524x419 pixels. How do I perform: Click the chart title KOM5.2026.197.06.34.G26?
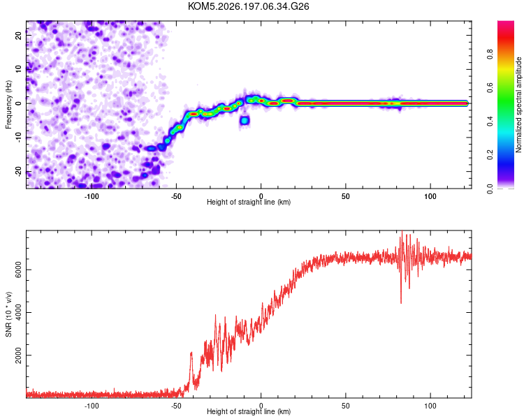(248, 6)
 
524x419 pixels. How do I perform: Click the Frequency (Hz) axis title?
(8, 105)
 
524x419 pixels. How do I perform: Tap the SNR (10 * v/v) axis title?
(8, 314)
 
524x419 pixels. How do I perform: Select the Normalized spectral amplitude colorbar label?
(518, 104)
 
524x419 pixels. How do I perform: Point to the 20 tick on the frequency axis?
(19, 35)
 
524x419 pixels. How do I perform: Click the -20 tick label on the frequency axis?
(19, 172)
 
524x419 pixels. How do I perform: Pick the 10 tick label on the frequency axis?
(19, 69)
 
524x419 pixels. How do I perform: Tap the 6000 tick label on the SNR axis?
(19, 270)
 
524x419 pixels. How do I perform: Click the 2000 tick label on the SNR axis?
(19, 355)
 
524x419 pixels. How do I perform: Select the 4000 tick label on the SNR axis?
(19, 312)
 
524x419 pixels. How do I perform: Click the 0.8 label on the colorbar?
(490, 54)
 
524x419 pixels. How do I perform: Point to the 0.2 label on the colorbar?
(490, 155)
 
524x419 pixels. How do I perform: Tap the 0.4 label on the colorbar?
(490, 122)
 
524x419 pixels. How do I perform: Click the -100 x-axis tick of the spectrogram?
(92, 196)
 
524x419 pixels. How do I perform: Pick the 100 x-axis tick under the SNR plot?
(430, 406)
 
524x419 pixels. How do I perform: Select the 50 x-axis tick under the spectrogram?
(346, 196)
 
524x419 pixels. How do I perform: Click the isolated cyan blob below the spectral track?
(245, 120)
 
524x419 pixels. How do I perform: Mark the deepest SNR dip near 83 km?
(401, 302)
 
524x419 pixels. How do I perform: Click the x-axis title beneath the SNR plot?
(249, 411)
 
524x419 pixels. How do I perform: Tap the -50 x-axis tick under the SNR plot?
(176, 406)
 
